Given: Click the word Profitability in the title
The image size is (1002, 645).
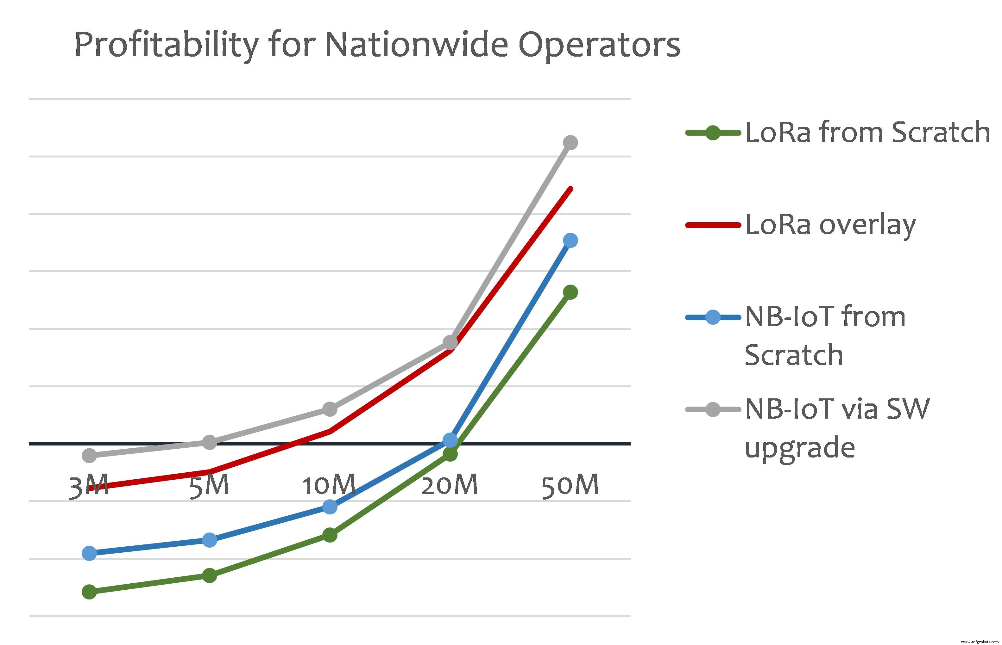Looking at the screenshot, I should pyautogui.click(x=166, y=45).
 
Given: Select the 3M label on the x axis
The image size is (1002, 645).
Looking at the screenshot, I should pyautogui.click(x=88, y=486).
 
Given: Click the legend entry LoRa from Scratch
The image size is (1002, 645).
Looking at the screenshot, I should pyautogui.click(x=867, y=132).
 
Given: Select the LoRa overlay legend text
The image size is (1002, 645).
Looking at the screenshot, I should pyautogui.click(x=830, y=225).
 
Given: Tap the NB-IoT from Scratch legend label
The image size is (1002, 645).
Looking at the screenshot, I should pyautogui.click(x=825, y=335).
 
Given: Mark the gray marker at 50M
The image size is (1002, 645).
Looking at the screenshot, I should pyautogui.click(x=570, y=142).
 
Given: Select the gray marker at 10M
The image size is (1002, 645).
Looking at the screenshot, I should pyautogui.click(x=330, y=409).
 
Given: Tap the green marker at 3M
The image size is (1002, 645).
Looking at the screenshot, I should pyautogui.click(x=89, y=592).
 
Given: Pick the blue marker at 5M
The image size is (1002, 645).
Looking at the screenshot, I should pyautogui.click(x=210, y=540).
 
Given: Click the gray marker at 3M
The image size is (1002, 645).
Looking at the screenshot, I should pyautogui.click(x=89, y=455).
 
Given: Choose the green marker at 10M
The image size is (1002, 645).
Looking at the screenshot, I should pyautogui.click(x=330, y=535).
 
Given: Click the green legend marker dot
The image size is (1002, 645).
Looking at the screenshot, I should pyautogui.click(x=713, y=133).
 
